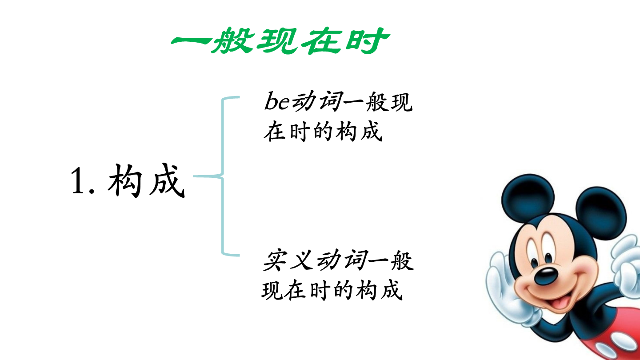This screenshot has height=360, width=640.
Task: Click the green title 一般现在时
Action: [280, 40]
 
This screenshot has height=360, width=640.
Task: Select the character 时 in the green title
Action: [368, 40]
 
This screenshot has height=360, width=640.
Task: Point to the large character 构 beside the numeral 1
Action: [125, 180]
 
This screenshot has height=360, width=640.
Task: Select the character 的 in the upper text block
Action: [323, 132]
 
